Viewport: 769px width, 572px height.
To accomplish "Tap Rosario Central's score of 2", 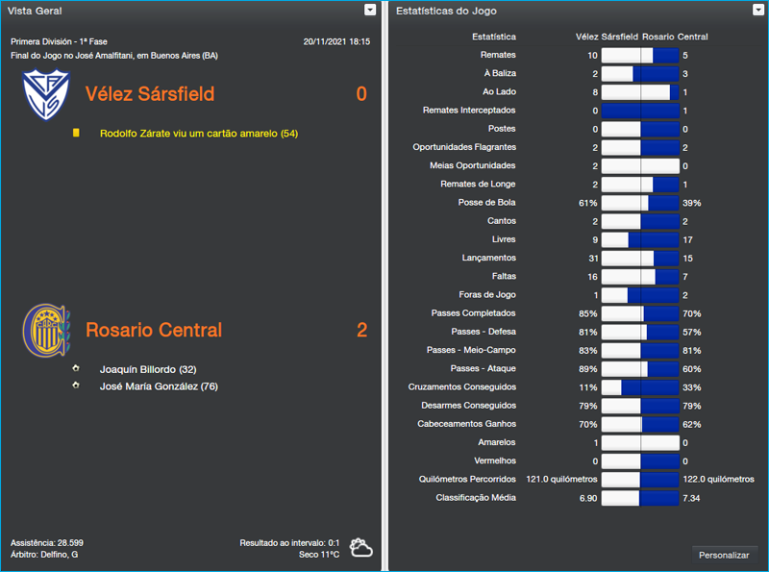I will pos(361,330).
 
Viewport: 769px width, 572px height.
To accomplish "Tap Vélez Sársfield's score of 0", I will pos(361,94).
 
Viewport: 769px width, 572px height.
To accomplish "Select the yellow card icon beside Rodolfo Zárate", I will pos(76,133).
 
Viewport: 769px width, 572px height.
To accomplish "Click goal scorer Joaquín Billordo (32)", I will pos(148,368).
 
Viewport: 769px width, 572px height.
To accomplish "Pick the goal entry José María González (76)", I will pos(159,385).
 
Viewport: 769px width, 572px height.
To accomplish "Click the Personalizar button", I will pos(724,555).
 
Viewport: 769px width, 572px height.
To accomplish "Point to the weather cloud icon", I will pos(361,548).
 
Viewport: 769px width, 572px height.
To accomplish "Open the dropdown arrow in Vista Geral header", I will pos(370,10).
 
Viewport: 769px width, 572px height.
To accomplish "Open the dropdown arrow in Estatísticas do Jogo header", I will pos(758,10).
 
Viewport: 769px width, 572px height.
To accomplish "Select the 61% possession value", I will pos(587,203).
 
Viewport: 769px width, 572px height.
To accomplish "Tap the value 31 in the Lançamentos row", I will pos(592,258).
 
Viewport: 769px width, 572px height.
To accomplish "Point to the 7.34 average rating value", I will pos(692,497).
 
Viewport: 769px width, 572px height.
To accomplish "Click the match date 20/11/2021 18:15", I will pos(335,42).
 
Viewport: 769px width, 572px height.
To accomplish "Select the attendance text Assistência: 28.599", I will pos(47,542).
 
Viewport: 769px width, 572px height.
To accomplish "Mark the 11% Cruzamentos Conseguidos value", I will pos(588,387).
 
